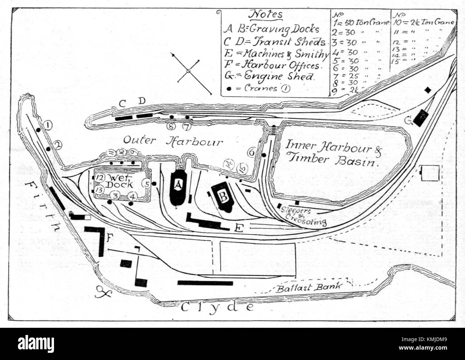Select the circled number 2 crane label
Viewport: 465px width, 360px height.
click(57, 145)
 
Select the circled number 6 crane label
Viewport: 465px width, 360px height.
click(251, 152)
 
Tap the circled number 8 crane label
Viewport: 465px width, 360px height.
click(171, 126)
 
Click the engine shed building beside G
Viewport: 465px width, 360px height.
click(421, 117)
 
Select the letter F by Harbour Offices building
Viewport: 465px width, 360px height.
click(111, 237)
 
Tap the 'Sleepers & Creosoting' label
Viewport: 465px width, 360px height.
click(306, 217)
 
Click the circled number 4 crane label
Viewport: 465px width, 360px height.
click(132, 196)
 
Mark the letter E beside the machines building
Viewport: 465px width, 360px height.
click(239, 228)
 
